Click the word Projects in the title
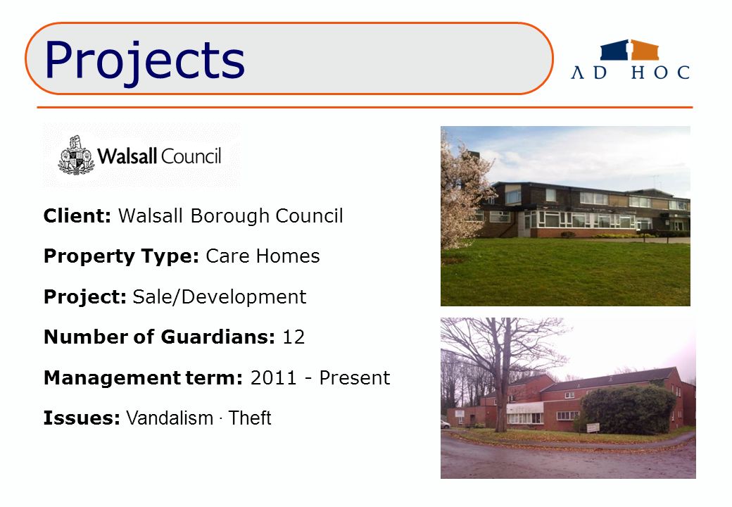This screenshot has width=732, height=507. coord(144,61)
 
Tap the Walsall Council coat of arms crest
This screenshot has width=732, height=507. coord(76,156)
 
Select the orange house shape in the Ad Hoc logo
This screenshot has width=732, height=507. coord(645,50)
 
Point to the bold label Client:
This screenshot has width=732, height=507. coord(77,216)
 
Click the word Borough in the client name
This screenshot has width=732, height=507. coord(229,216)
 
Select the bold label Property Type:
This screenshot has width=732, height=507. coord(121,256)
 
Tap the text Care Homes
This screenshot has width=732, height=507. coord(263,256)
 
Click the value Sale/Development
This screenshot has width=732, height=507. coord(220,297)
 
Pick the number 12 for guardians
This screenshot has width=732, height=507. coord(294,337)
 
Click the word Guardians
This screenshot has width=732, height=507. coord(218,337)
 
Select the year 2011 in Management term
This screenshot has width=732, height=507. coord(273,377)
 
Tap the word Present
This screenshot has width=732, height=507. coord(354,377)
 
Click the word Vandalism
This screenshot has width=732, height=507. coord(170,418)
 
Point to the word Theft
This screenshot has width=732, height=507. coord(250,418)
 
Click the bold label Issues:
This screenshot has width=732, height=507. coord(82,418)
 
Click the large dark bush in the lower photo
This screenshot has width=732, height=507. coord(629,409)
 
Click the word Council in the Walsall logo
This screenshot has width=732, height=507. coord(191,156)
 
